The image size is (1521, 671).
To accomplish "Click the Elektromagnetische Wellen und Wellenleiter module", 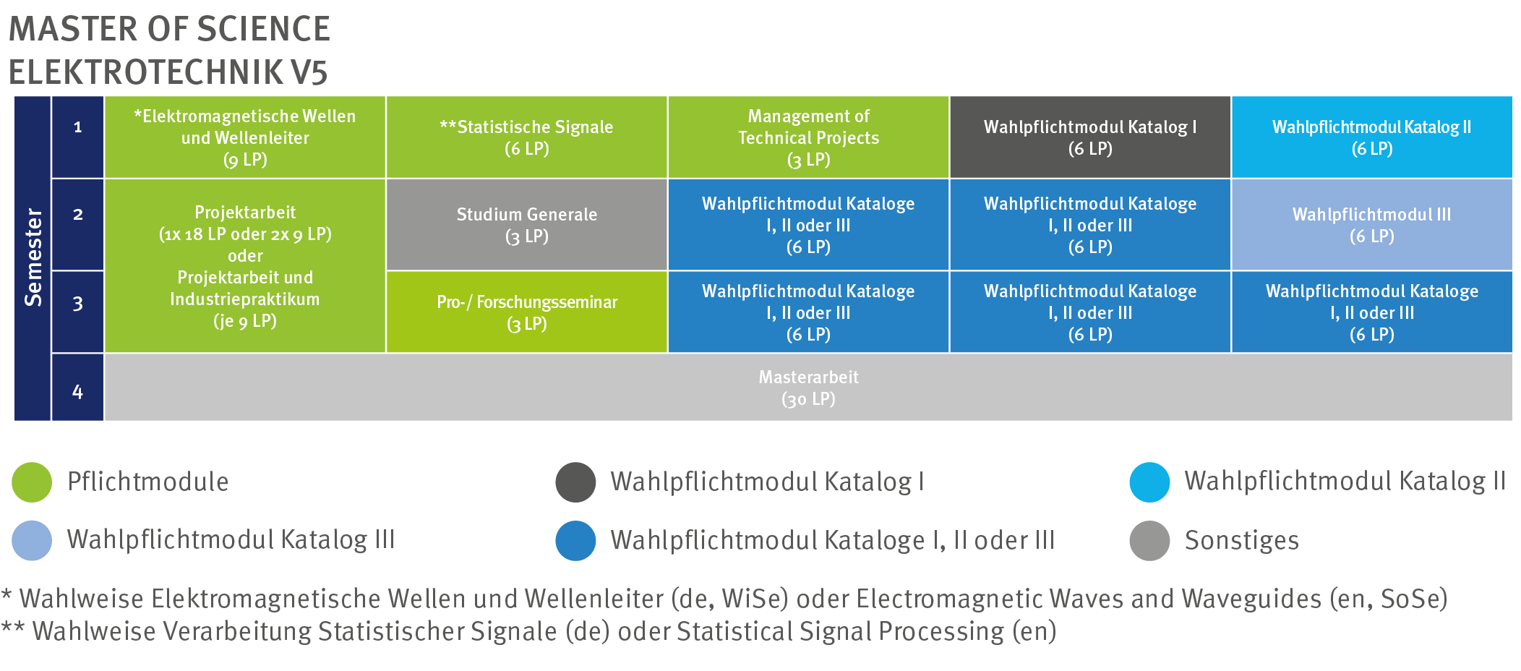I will pos(245,137).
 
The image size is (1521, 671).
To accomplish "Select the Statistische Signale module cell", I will pos(526,137).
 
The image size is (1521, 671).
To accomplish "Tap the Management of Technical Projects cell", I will pos(808,137).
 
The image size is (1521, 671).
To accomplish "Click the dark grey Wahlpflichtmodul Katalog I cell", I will pos(1090,137).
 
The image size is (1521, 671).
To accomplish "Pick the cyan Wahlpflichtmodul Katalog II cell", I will pos(1371,137).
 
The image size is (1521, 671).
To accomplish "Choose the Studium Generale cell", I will pos(526,225).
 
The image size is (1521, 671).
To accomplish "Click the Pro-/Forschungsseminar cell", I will pos(526,312).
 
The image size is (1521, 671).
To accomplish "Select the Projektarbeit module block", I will pos(245,266).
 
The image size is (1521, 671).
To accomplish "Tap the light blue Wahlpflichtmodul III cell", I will pos(1371,225).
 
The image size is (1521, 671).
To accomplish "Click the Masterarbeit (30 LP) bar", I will pos(808,388).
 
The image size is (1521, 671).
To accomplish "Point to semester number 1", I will pos(77,127).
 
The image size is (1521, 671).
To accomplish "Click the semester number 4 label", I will pos(77,391).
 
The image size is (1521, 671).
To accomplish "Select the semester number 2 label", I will pos(77,215).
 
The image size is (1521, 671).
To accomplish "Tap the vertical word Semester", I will pos(33,257).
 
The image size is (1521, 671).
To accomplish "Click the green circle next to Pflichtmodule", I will pos(32,482).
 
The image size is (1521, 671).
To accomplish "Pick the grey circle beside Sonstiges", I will pos(1149,541).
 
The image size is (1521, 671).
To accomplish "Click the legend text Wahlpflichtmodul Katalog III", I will pos(231,540).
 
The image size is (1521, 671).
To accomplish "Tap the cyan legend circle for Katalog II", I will pos(1149,482).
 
